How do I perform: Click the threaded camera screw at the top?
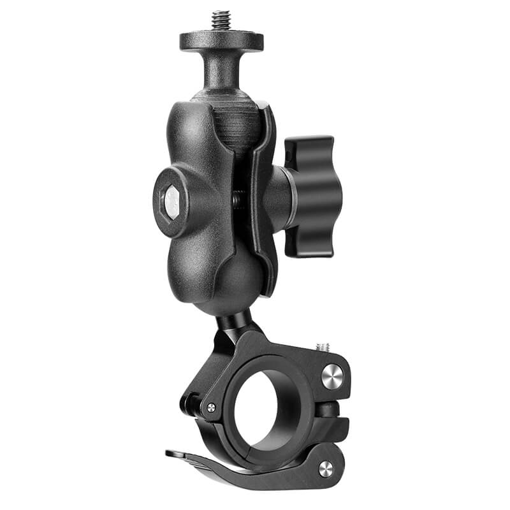tap(222, 20)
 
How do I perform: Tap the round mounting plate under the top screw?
tap(221, 41)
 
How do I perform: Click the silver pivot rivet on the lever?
tap(325, 469)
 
